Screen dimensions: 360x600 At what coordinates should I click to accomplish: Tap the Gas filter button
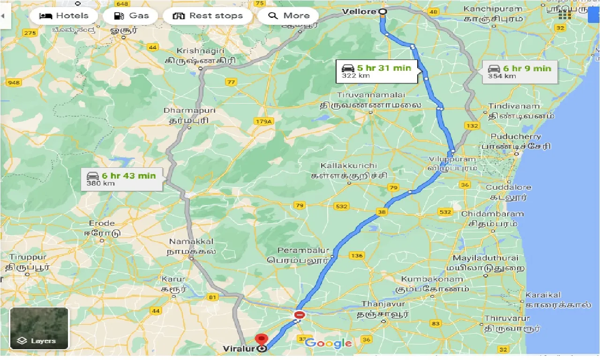132,15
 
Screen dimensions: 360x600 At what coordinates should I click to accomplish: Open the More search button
288,15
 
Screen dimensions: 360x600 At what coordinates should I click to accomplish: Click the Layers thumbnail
39,328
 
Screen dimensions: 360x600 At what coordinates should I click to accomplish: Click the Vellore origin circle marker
382,11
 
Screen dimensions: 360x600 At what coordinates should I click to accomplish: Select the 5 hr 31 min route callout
376,72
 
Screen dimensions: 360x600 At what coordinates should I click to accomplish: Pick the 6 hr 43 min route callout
121,179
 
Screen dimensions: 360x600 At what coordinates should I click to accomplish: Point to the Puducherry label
516,137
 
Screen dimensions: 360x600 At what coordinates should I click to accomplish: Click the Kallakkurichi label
348,166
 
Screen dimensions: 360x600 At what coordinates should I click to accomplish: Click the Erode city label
102,223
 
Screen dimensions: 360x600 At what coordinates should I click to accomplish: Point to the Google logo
329,343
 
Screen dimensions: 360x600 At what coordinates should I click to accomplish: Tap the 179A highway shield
263,122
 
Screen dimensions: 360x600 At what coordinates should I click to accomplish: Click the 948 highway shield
13,83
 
